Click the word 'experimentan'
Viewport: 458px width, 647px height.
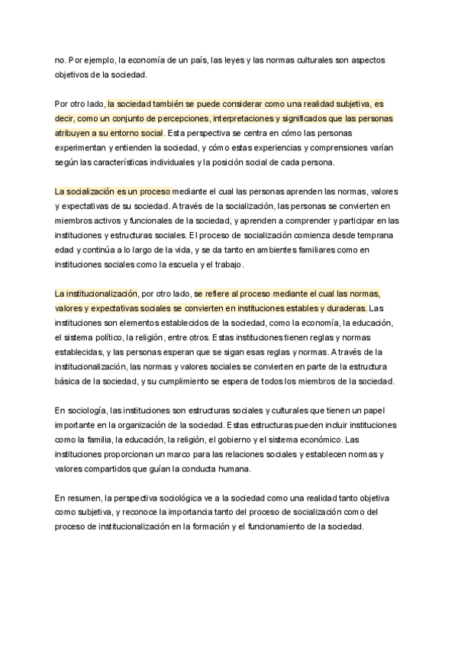[x=81, y=149]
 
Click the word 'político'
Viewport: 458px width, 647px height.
[x=111, y=336]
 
